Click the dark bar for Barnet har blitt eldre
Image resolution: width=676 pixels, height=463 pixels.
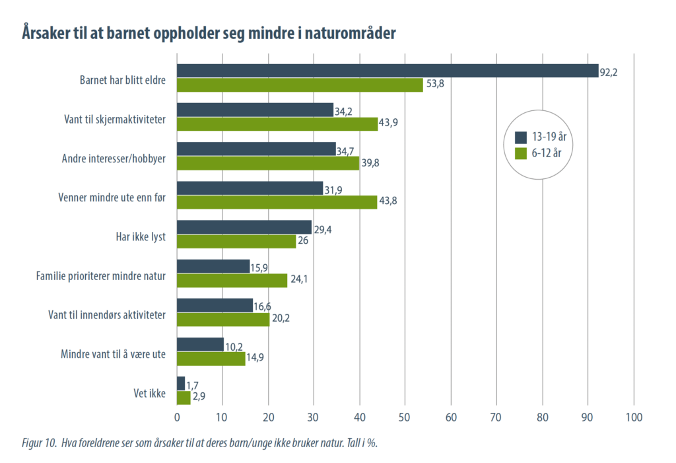click(x=388, y=71)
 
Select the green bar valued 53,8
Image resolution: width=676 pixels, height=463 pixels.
click(x=300, y=85)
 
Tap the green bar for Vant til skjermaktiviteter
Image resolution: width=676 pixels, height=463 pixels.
click(x=277, y=124)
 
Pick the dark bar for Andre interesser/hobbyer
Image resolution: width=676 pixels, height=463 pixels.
click(x=256, y=149)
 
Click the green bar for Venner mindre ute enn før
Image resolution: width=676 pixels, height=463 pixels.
click(x=277, y=202)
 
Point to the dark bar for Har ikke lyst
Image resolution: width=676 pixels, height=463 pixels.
click(x=244, y=227)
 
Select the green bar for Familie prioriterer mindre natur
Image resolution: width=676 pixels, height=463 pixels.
click(x=232, y=280)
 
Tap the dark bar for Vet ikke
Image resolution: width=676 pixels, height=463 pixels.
click(x=181, y=383)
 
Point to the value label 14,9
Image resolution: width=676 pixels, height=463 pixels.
click(x=256, y=359)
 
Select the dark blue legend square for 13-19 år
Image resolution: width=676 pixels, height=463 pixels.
click(x=520, y=137)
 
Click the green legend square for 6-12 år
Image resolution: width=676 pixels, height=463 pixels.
click(x=520, y=153)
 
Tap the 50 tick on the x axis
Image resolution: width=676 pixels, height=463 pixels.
click(x=405, y=417)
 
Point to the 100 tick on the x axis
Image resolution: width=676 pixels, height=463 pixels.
click(x=634, y=417)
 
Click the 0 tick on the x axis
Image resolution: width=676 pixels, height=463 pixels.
click(x=177, y=417)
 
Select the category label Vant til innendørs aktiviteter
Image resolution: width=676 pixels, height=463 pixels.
click(x=107, y=315)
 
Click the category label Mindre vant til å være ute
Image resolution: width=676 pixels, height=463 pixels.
click(x=112, y=355)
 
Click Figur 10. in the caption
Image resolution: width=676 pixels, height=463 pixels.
click(x=36, y=443)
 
